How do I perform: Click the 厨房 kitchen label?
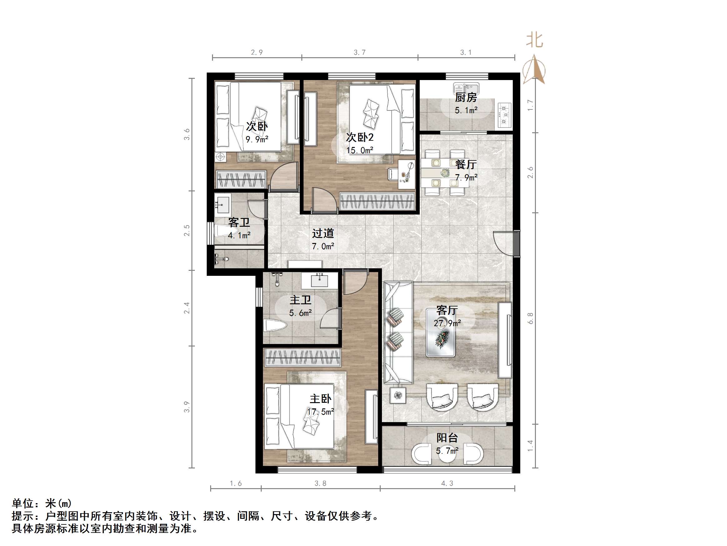tap(466, 98)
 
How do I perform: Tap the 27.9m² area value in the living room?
tap(447, 323)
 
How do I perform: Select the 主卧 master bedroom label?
tap(320, 399)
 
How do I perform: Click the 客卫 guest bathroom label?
tap(239, 222)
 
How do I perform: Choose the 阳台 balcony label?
tap(447, 438)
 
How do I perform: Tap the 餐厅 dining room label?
tap(466, 164)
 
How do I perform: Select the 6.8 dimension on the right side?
tap(530, 318)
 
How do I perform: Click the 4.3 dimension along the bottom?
tap(447, 483)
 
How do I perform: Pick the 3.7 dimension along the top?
tap(359, 52)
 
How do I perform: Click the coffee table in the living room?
tap(440, 332)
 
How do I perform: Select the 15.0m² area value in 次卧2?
tap(359, 150)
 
